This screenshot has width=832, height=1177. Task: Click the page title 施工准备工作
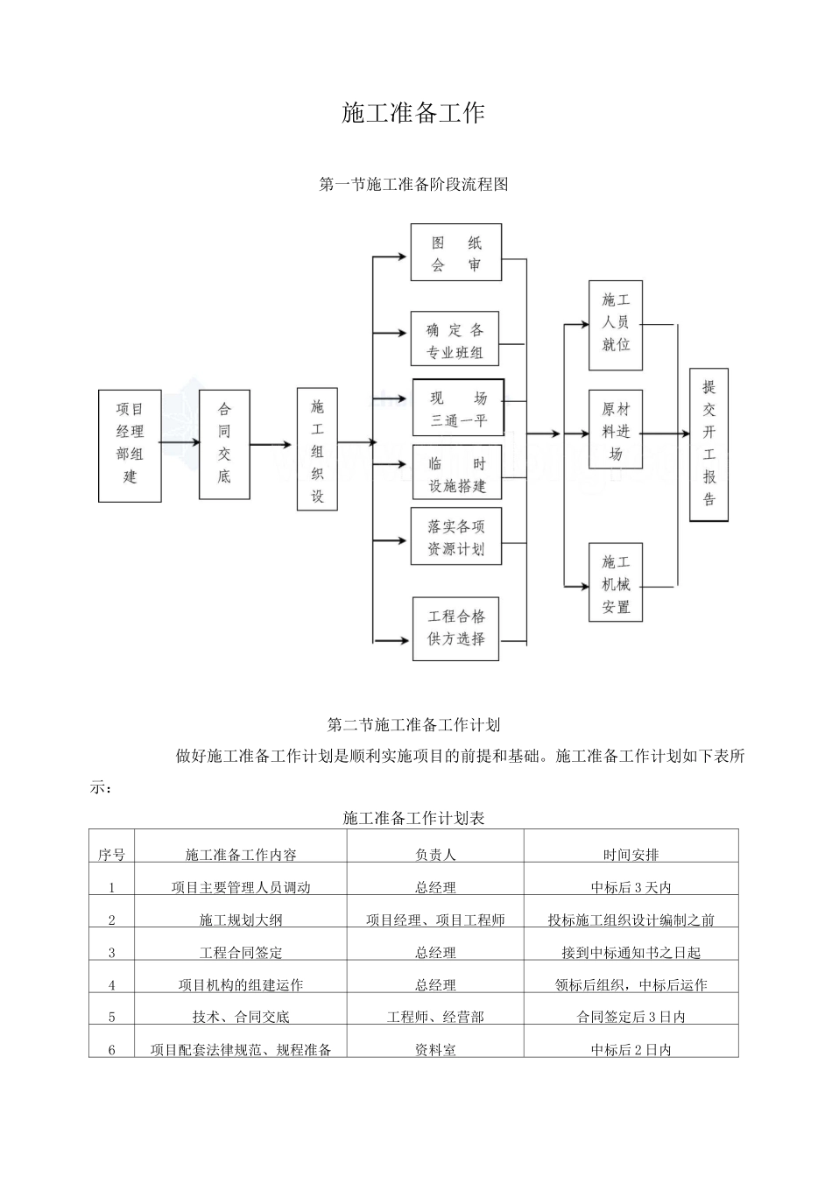(413, 113)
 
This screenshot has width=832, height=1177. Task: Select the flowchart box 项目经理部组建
(130, 446)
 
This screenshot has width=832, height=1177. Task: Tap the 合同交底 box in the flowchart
(224, 445)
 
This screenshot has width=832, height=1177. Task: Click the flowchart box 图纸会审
(456, 252)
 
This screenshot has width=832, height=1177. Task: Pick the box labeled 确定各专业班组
(455, 338)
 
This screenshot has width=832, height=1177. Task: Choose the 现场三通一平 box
(458, 407)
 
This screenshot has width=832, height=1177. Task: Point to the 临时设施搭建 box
(457, 472)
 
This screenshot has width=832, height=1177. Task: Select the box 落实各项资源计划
(456, 536)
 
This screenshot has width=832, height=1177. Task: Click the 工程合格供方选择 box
(455, 629)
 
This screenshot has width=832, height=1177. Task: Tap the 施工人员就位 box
(616, 325)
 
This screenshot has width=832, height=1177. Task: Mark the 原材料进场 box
(616, 429)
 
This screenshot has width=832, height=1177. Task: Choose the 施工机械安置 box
(616, 582)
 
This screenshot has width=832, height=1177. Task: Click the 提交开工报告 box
(709, 445)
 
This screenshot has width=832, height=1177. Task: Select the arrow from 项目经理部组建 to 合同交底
(180, 442)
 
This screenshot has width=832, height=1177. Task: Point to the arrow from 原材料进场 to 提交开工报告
(666, 433)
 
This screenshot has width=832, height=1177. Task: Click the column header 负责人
(435, 855)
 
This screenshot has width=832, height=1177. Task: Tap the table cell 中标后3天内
(631, 887)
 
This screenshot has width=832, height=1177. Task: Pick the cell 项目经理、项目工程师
(435, 920)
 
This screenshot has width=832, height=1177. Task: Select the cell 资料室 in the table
(435, 1050)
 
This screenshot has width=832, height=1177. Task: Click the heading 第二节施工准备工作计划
(413, 725)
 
